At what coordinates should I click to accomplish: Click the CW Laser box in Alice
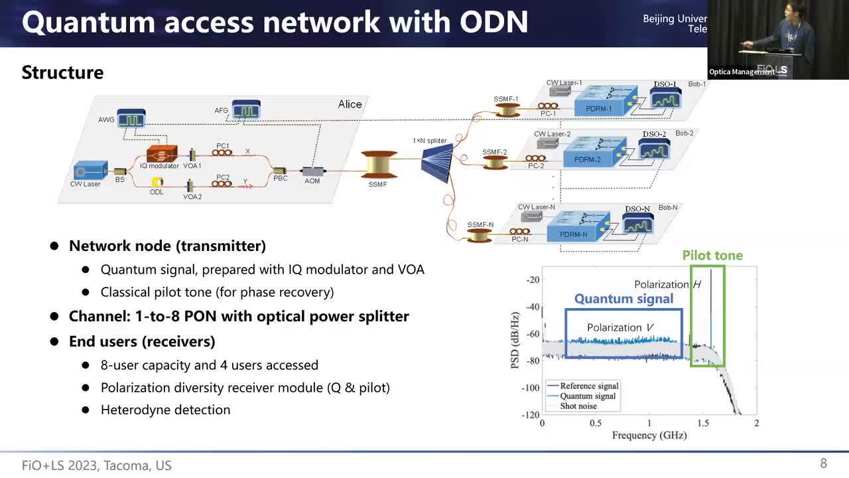pyautogui.click(x=90, y=171)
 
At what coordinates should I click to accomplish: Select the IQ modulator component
pyautogui.click(x=162, y=154)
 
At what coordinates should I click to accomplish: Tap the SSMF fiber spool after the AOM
pyautogui.click(x=378, y=165)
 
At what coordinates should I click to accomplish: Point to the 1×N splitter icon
pyautogui.click(x=437, y=161)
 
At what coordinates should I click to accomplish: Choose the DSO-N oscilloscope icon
pyautogui.click(x=637, y=224)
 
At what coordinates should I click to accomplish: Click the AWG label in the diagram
pyautogui.click(x=106, y=120)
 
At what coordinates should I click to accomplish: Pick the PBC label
pyautogui.click(x=281, y=179)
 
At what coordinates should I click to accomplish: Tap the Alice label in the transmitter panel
pyautogui.click(x=350, y=104)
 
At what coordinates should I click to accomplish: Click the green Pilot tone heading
pyautogui.click(x=712, y=256)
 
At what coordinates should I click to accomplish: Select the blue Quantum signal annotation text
pyautogui.click(x=623, y=299)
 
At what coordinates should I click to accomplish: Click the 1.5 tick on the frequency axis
pyautogui.click(x=702, y=423)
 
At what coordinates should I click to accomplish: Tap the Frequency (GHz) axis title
pyautogui.click(x=649, y=436)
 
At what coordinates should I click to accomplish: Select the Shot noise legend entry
pyautogui.click(x=578, y=406)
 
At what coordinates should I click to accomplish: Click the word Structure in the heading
pyautogui.click(x=62, y=72)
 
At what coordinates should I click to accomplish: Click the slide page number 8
pyautogui.click(x=824, y=463)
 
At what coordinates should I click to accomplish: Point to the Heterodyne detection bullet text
pyautogui.click(x=165, y=410)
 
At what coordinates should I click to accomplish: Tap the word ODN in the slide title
pyautogui.click(x=490, y=22)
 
